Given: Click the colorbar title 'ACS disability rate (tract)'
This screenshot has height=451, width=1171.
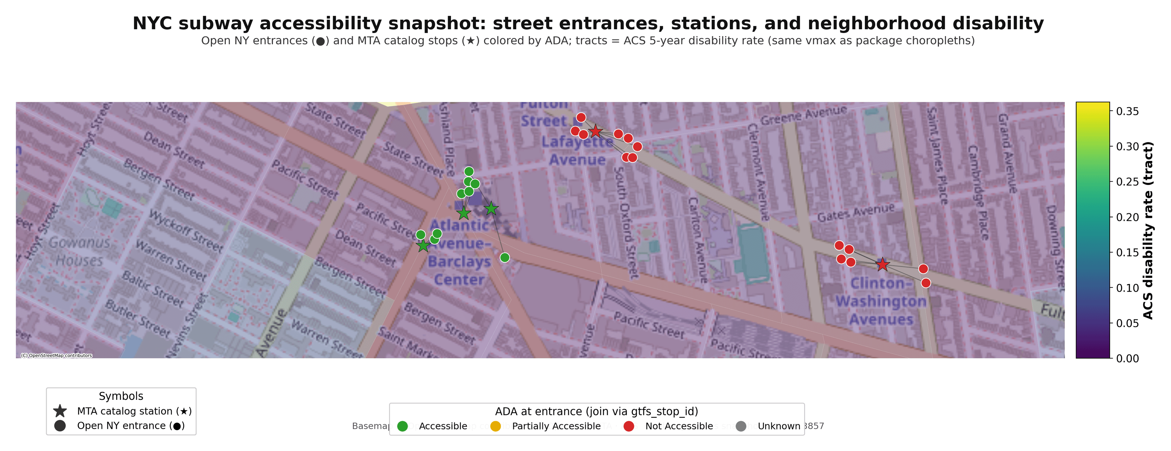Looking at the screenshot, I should (1148, 230).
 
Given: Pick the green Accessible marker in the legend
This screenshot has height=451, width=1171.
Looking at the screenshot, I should (402, 426).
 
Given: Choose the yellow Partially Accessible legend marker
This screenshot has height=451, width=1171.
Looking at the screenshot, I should (496, 426).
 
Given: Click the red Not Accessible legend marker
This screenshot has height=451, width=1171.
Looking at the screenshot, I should (629, 426).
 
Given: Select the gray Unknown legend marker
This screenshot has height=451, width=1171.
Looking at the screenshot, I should (741, 426).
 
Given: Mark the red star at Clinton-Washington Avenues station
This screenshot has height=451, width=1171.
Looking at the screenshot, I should (882, 264).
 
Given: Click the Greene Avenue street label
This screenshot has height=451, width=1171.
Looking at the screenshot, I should (804, 115).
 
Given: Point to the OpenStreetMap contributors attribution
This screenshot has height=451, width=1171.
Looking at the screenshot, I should (56, 356).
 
